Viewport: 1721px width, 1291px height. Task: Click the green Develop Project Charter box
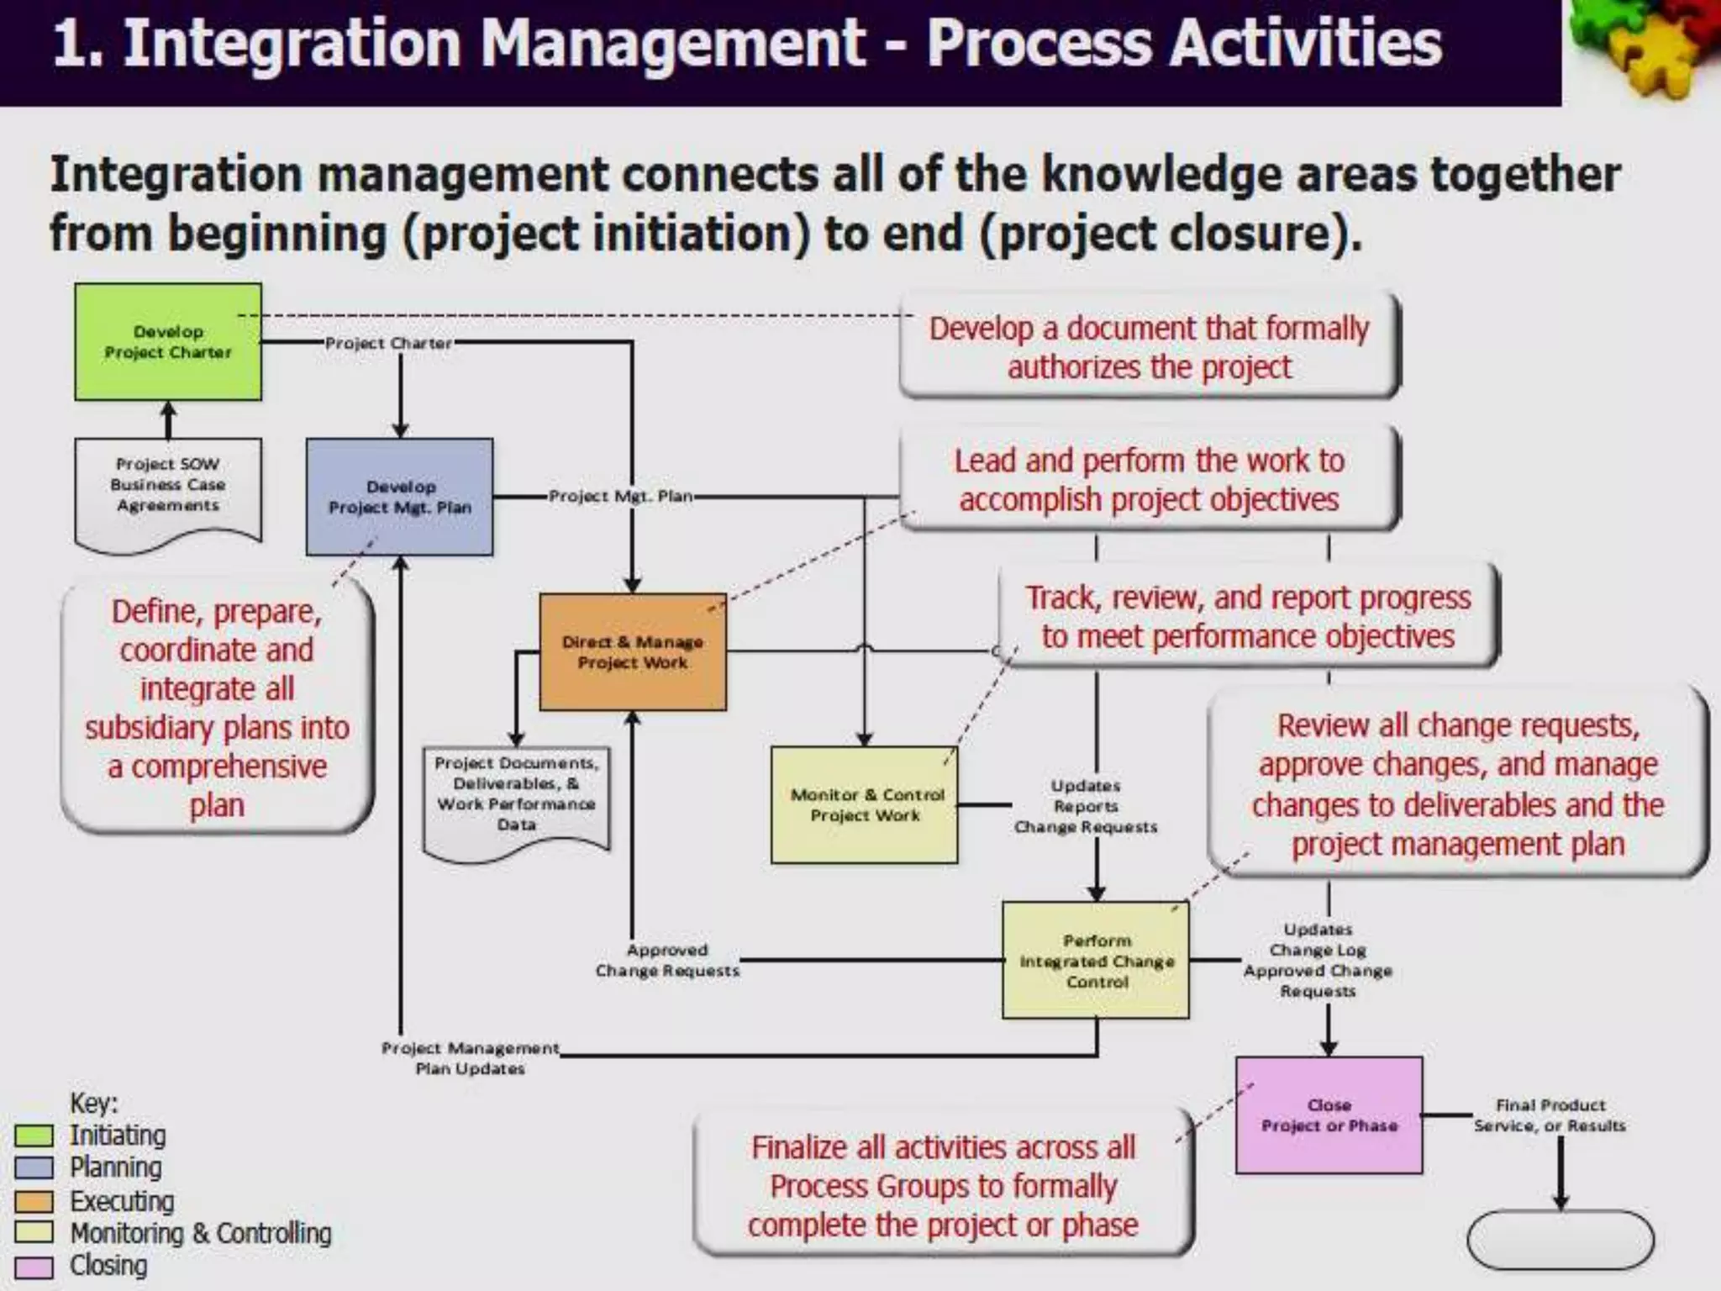click(168, 341)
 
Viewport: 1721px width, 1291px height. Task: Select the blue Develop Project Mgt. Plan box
click(399, 497)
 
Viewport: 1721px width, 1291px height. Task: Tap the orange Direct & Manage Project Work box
click(633, 652)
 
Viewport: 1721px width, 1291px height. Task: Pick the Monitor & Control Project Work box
click(865, 804)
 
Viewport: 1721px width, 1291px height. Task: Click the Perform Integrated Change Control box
click(1096, 961)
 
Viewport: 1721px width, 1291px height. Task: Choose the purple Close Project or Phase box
click(1329, 1115)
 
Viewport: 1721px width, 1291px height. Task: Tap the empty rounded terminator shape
click(1560, 1240)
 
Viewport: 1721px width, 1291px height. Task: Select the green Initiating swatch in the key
click(34, 1136)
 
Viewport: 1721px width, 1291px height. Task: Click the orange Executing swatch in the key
click(34, 1202)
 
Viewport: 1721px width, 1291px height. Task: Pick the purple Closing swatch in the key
click(34, 1267)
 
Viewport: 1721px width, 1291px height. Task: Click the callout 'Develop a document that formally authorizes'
click(1149, 346)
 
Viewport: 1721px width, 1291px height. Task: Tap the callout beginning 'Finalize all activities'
click(943, 1186)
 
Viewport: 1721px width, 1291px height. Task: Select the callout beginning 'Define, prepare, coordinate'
click(217, 708)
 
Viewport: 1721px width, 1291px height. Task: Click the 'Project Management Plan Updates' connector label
click(470, 1058)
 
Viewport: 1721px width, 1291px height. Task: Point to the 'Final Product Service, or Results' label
click(1550, 1115)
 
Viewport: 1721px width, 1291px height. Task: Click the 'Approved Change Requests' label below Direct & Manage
click(667, 960)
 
